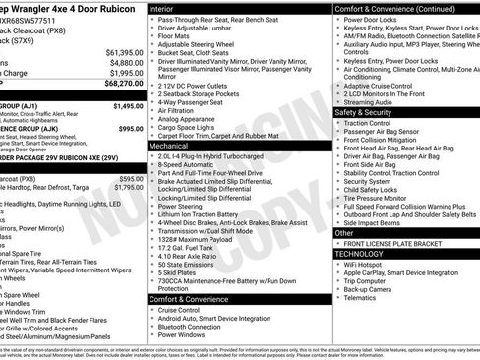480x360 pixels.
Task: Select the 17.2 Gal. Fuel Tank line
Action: [x=187, y=246]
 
